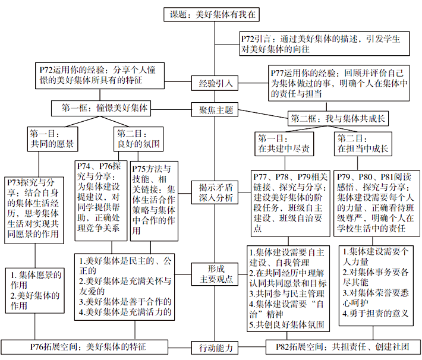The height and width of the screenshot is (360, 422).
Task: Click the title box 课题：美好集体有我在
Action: (212, 14)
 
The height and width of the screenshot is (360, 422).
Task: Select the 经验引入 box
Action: (215, 83)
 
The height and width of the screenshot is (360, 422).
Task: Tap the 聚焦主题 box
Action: (215, 109)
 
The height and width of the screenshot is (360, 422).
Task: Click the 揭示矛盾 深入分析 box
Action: (215, 192)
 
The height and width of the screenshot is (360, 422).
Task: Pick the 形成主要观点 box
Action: (215, 274)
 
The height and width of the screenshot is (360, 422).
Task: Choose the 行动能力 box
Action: (215, 348)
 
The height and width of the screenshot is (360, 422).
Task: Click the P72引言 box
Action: (325, 43)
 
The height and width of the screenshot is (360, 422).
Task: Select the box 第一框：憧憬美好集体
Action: (101, 108)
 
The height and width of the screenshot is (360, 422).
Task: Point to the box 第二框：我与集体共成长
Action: (338, 118)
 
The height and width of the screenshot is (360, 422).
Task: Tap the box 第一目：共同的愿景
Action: (52, 139)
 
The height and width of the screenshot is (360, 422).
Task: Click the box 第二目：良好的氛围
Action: (138, 139)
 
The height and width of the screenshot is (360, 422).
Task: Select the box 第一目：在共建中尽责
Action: (284, 144)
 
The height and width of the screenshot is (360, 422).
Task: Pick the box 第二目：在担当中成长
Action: (363, 144)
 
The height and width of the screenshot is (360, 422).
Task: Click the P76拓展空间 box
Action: (84, 347)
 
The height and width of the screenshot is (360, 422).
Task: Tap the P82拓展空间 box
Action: (344, 347)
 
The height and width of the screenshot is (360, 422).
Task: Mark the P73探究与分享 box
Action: (34, 210)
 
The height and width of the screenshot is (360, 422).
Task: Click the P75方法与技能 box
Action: (154, 201)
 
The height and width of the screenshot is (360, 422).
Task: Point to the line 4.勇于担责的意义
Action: (376, 314)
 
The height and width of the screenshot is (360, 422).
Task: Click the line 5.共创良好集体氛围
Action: (286, 324)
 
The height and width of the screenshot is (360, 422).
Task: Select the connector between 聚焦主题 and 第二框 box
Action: (263, 114)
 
